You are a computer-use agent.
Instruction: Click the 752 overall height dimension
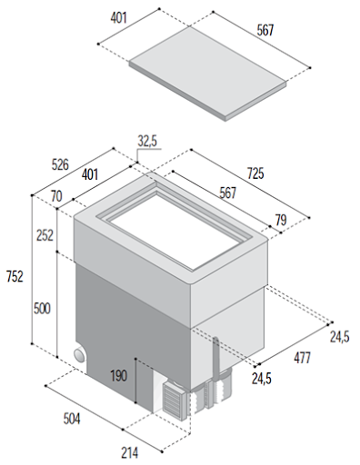click(15, 276)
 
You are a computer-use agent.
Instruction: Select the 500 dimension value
click(42, 309)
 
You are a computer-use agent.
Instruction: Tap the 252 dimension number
click(45, 235)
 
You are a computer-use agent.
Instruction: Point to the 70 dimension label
click(56, 196)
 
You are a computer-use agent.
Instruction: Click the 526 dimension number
click(60, 164)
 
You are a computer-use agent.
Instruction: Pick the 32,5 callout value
click(147, 141)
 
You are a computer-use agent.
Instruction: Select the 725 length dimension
click(255, 173)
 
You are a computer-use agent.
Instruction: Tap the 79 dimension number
click(281, 220)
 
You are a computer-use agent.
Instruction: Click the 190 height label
click(118, 376)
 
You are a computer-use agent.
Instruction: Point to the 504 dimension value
click(72, 419)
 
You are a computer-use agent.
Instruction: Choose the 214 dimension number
click(130, 453)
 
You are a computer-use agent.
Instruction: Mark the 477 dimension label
click(303, 358)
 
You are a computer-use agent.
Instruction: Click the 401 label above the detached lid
click(119, 18)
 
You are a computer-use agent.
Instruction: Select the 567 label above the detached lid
click(265, 30)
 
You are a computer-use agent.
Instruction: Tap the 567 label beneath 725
click(227, 193)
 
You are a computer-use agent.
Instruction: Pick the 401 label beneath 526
click(90, 174)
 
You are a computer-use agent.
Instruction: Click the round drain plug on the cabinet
click(80, 355)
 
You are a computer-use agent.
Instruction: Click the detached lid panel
click(207, 73)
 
